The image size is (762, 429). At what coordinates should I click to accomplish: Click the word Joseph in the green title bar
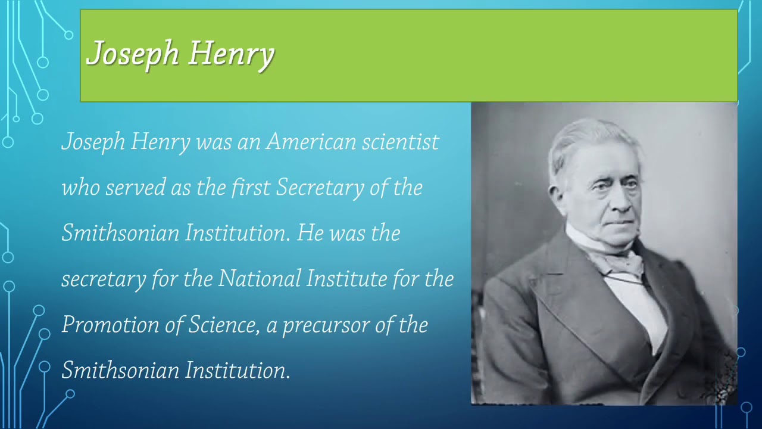(133, 54)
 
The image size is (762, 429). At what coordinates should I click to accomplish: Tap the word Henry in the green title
(232, 54)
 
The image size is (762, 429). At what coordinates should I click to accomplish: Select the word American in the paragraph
(310, 142)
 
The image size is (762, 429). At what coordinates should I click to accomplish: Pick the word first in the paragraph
(251, 188)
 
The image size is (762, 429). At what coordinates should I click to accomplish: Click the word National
(259, 279)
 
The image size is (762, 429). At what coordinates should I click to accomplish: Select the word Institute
(346, 279)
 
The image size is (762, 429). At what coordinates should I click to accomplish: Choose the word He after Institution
(310, 233)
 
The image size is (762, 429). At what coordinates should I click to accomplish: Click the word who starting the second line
(80, 188)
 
